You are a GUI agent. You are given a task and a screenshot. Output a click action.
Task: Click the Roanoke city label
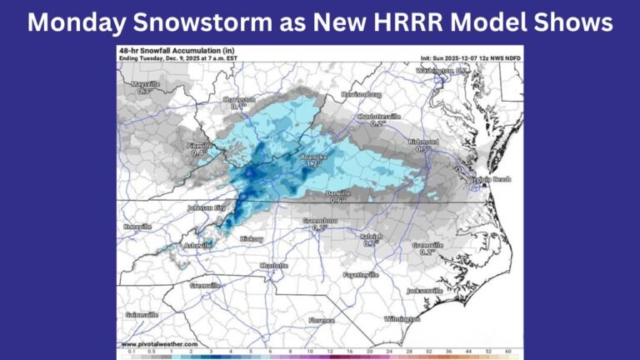tap(313, 156)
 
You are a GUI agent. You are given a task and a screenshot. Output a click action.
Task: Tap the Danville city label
tap(337, 192)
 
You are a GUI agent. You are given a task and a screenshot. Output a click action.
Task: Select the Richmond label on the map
tap(423, 142)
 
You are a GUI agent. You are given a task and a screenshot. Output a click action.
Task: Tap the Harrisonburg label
tap(365, 94)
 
